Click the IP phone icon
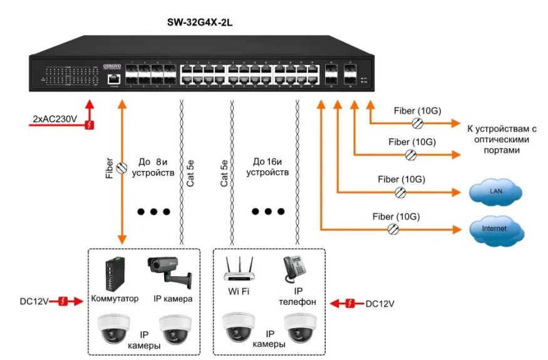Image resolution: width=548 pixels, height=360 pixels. [x=294, y=270]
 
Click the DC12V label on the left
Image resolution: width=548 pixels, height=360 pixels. [x=34, y=302]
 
